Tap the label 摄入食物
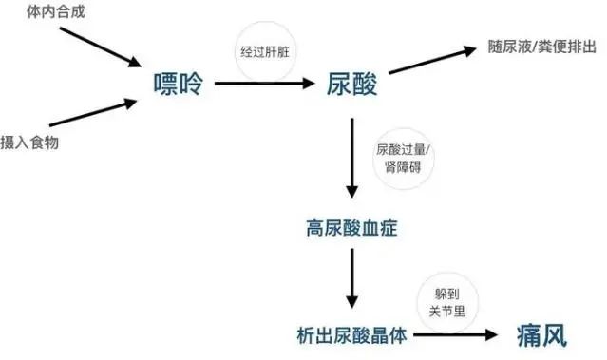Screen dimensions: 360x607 [29, 142]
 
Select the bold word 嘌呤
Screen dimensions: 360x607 [178, 85]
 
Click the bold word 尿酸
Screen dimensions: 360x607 [352, 85]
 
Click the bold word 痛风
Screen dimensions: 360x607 [541, 334]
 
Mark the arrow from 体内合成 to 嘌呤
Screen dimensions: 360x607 [96, 47]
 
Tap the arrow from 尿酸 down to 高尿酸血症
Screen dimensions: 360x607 [352, 156]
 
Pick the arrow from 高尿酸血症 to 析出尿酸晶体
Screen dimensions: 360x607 [352, 280]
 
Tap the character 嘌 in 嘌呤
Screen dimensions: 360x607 [165, 85]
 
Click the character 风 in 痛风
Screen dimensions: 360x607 [555, 334]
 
